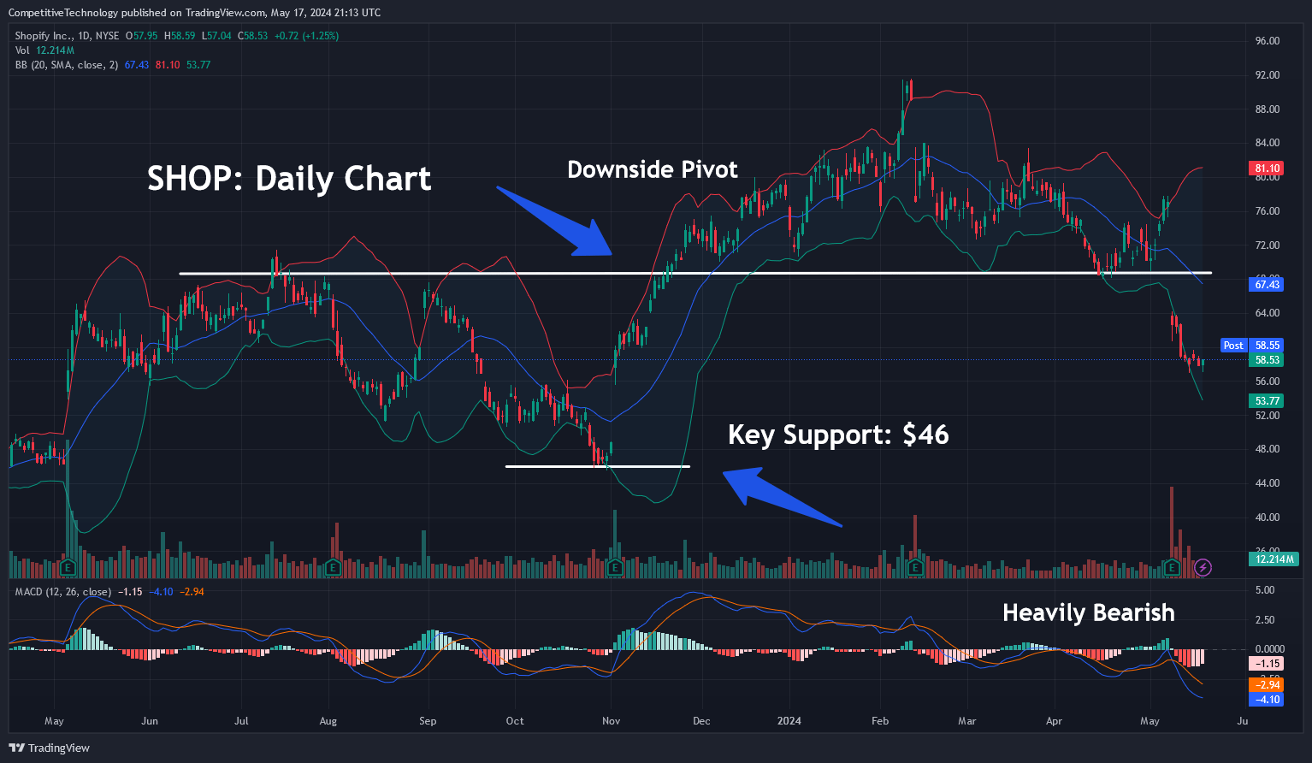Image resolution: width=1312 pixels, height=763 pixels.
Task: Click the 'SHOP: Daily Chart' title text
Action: (x=289, y=179)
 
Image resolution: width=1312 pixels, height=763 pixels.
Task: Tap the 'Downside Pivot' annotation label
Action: (x=652, y=169)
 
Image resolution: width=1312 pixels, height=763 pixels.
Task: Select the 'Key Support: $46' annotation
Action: (x=838, y=435)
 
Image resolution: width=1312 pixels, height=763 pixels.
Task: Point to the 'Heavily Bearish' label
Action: (x=1088, y=612)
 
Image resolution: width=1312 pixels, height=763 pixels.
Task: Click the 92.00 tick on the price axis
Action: (x=1267, y=75)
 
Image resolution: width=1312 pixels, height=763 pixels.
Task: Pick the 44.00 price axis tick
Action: (x=1267, y=483)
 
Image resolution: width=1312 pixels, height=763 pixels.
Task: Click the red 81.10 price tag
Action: (x=1267, y=169)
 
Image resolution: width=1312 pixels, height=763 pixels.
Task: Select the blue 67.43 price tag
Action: (x=1267, y=284)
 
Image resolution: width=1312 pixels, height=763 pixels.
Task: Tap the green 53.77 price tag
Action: (x=1267, y=401)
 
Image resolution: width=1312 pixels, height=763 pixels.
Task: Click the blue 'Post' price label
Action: (x=1233, y=346)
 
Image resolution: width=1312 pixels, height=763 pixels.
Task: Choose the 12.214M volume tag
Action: (x=1274, y=559)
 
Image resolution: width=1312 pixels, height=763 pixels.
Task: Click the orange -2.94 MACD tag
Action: (x=1267, y=684)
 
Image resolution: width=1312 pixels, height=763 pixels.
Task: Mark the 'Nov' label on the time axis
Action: (x=611, y=721)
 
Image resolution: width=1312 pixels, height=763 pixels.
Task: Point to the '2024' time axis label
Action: (x=789, y=721)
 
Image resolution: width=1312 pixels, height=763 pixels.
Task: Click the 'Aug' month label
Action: (x=328, y=721)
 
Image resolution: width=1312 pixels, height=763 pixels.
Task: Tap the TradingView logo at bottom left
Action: (x=50, y=748)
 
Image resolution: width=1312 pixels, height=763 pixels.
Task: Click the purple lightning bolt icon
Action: (x=1203, y=567)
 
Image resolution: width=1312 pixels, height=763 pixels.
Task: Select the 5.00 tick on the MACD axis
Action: (x=1264, y=590)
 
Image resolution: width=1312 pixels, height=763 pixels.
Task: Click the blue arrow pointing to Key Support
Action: (x=782, y=497)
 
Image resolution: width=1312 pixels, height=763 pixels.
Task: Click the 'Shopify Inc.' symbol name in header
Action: (x=44, y=36)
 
